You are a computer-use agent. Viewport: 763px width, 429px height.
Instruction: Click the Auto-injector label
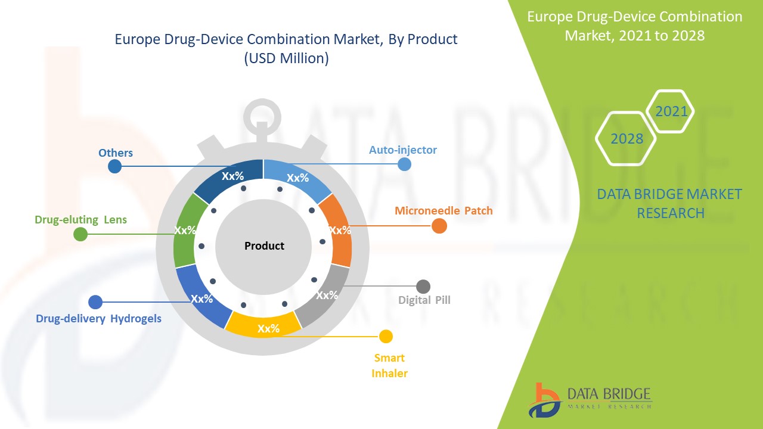[402, 150]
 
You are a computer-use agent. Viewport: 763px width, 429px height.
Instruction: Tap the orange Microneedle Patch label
[443, 211]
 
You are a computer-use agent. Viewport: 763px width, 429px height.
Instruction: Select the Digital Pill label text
[424, 300]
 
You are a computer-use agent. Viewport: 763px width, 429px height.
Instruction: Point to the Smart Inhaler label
[389, 365]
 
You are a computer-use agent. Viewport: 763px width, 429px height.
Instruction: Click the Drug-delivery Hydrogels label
[98, 318]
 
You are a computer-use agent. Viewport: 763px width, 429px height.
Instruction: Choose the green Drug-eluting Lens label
[80, 220]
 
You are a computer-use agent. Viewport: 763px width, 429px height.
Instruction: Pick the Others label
[116, 153]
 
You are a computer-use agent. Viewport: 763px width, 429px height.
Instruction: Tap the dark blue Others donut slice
[230, 180]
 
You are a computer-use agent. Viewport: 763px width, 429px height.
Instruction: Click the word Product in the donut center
[264, 245]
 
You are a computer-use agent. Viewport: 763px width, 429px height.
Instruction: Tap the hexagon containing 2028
[626, 139]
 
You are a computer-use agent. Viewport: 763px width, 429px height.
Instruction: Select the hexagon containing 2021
[671, 111]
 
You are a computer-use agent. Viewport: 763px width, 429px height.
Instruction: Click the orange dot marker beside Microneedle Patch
[439, 226]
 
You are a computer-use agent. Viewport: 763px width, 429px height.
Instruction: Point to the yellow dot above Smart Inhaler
[386, 337]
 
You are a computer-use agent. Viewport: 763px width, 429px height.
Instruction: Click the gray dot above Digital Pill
[423, 287]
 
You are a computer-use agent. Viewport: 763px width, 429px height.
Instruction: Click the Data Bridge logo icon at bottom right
[544, 400]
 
